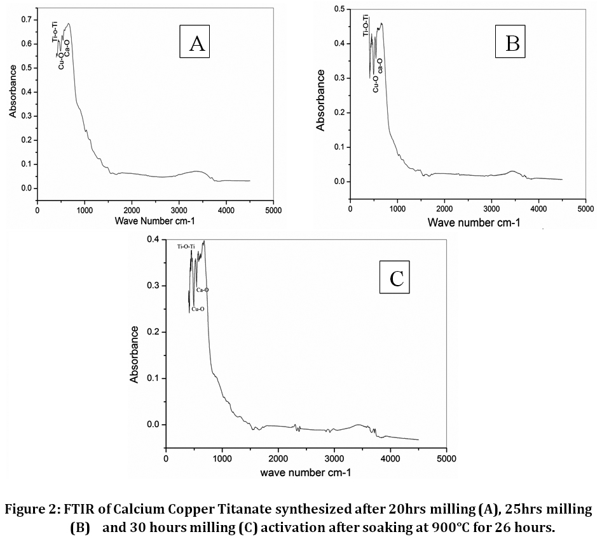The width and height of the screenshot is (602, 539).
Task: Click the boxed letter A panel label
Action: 196,44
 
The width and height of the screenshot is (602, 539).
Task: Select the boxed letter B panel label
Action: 512,43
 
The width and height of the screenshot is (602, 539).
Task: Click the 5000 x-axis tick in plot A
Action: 274,210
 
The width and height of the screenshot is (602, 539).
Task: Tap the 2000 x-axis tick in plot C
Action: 278,458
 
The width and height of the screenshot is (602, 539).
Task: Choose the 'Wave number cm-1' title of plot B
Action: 474,222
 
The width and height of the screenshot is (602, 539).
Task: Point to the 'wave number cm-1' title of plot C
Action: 305,473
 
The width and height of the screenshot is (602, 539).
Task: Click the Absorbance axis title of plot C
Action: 135,354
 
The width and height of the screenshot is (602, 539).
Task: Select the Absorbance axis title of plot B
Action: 321,100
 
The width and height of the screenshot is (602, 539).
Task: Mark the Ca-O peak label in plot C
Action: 202,290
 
